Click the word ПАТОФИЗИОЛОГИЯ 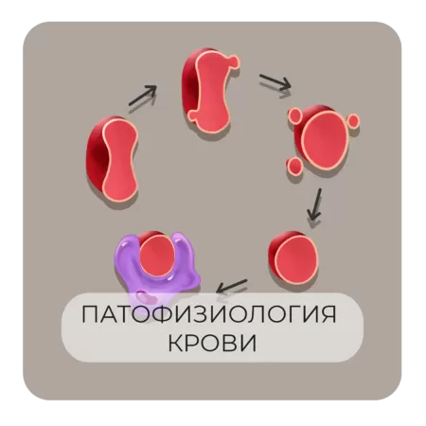point(209,314)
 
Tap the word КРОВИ point(212,343)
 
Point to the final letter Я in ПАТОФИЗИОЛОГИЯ point(328,314)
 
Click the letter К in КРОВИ point(175,343)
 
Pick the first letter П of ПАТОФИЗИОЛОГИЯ point(90,314)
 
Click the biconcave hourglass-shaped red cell point(113,159)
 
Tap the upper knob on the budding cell point(234,61)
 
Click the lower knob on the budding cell point(193,115)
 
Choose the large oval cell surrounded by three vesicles point(323,138)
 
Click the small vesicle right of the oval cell point(353,120)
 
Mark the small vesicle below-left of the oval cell point(294,166)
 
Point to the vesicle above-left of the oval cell point(296,115)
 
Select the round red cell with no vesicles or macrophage point(293,257)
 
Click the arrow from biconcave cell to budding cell point(143,96)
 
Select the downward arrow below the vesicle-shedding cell point(314,204)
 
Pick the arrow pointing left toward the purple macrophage point(232,286)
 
